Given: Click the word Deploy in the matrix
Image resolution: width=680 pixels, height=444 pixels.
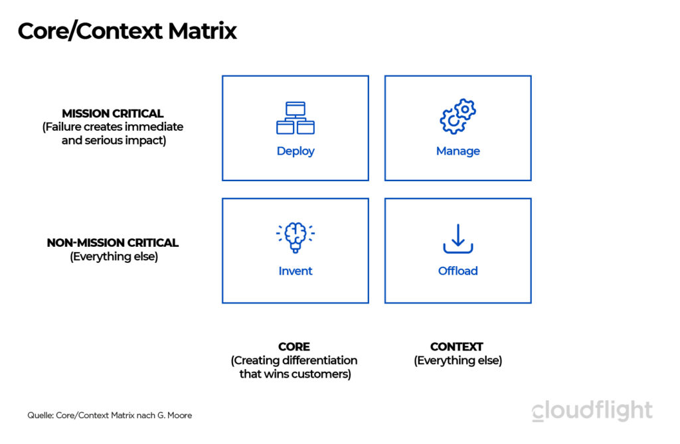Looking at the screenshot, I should [296, 151].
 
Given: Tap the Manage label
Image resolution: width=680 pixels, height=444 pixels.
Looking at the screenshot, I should [458, 151].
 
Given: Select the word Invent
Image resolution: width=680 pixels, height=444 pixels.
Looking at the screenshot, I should [296, 271].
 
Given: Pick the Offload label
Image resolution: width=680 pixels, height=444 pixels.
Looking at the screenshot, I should [458, 271].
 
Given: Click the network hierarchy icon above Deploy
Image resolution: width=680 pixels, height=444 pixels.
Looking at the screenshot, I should [296, 118].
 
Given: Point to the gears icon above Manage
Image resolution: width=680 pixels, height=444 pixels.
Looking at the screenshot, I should [458, 117].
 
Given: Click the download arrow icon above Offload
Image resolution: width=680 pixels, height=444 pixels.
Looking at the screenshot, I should [458, 239].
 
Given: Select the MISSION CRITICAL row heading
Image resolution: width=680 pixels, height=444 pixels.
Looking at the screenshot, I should [112, 113].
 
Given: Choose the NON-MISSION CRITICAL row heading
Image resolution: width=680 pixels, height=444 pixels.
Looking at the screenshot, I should [113, 243].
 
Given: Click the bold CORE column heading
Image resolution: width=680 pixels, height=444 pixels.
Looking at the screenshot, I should [294, 346].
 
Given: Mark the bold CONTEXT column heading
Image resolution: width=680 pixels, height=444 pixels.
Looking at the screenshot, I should [457, 346].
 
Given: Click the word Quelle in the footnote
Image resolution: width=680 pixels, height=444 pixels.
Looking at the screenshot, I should [40, 415].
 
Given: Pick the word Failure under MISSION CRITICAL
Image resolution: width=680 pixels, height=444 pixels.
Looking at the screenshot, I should [64, 127].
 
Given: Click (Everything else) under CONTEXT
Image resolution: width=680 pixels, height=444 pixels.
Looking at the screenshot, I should [458, 361].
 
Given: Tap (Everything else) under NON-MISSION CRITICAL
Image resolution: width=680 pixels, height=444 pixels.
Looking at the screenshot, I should [114, 257].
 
